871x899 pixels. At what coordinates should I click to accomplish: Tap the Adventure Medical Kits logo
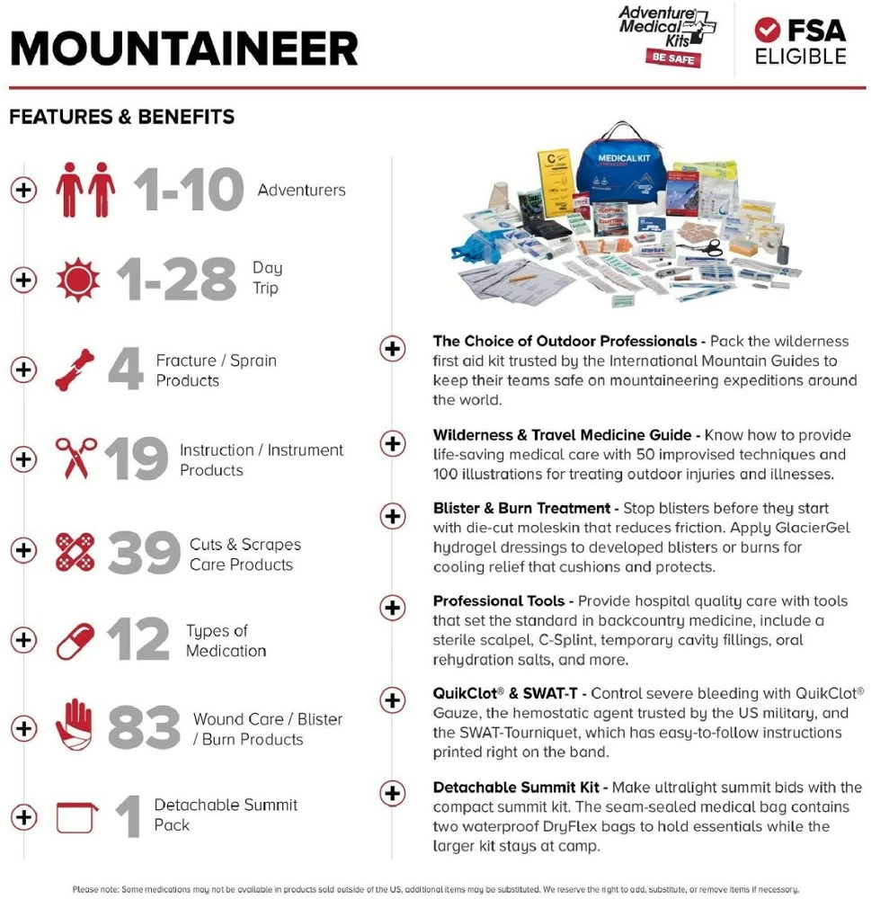(x=666, y=34)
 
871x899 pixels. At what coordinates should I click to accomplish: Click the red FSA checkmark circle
(x=767, y=30)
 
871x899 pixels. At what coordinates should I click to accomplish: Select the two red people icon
(x=85, y=190)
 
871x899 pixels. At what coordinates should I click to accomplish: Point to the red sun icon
(x=78, y=279)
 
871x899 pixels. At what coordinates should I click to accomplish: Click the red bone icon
(x=75, y=369)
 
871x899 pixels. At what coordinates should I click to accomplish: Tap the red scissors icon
(x=76, y=458)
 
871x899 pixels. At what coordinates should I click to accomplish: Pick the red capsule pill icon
(x=76, y=640)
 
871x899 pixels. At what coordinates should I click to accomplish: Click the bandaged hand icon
(x=74, y=726)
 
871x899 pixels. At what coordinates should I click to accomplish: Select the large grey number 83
(x=143, y=728)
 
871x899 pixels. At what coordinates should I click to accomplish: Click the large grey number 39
(x=144, y=553)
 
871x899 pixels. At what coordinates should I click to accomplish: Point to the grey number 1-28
(x=180, y=280)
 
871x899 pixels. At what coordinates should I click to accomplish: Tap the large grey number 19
(x=136, y=459)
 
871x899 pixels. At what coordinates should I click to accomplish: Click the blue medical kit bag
(x=620, y=167)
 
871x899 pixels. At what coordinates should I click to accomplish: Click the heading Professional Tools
(x=499, y=601)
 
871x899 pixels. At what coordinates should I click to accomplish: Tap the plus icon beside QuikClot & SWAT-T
(x=393, y=699)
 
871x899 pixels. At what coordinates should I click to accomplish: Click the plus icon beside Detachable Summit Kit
(x=393, y=793)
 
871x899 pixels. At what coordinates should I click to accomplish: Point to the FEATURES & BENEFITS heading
(x=122, y=117)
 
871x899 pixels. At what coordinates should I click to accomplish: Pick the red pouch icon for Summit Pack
(x=76, y=817)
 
